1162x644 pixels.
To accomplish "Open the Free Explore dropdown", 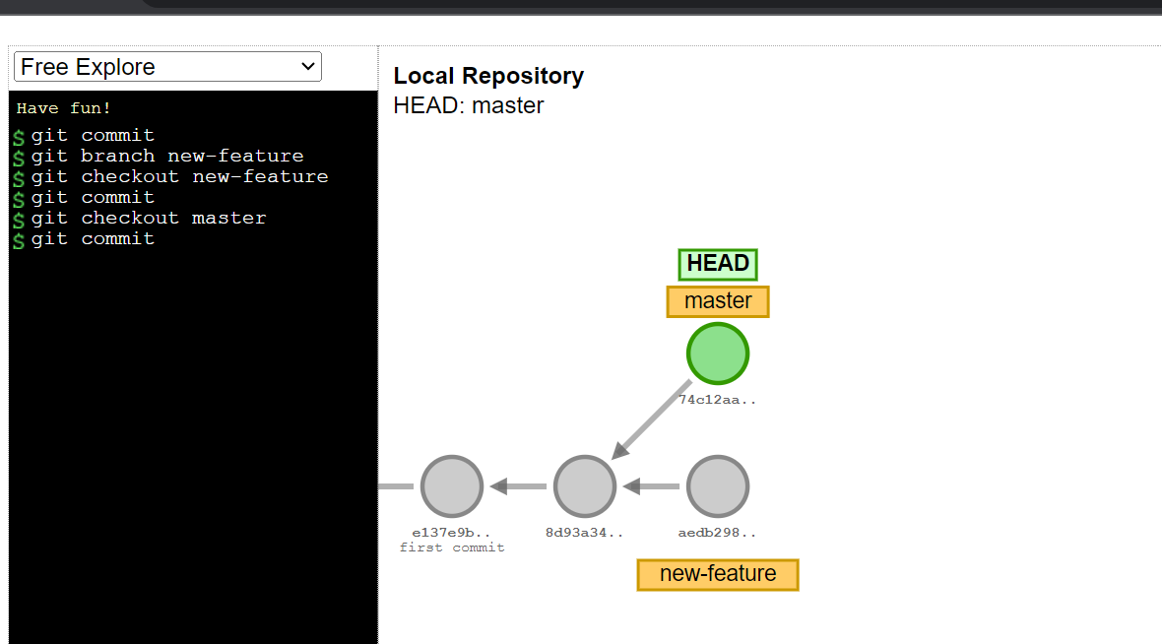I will (167, 67).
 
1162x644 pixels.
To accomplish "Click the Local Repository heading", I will (488, 76).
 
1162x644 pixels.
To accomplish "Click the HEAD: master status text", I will (469, 105).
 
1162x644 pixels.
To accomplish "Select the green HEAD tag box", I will (718, 264).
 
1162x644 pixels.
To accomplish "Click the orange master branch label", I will (718, 301).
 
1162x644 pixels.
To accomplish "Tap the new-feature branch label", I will (718, 574).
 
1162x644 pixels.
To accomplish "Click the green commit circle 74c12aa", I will (718, 353).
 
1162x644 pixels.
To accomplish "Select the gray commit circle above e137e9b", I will (451, 486).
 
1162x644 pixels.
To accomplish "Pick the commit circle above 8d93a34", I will (585, 486).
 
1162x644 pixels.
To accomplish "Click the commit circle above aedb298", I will (718, 486).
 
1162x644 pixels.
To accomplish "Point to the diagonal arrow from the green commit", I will (653, 419).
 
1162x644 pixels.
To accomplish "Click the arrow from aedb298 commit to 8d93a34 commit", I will (651, 486).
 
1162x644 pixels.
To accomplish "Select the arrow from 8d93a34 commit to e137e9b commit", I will (518, 486).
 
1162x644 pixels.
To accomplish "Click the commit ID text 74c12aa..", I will (718, 400).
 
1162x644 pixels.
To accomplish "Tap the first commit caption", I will (452, 547).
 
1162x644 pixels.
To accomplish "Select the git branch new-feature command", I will (166, 156).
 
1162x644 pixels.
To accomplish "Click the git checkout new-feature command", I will (179, 176).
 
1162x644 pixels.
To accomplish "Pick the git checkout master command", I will (148, 218).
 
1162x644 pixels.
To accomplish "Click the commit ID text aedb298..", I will (718, 533).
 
